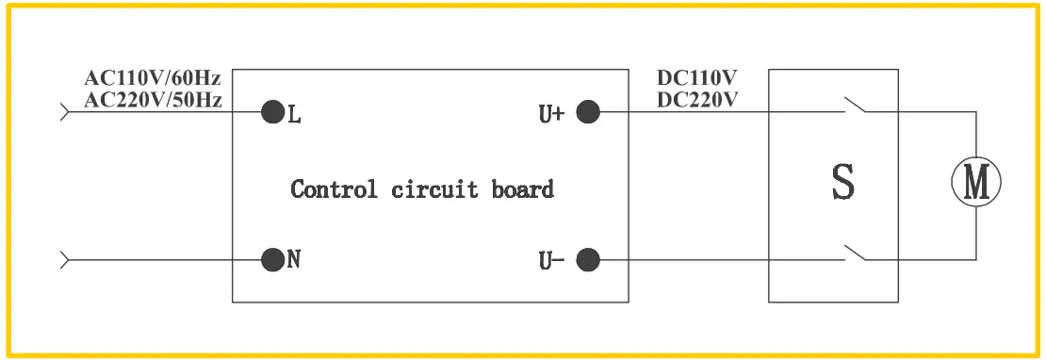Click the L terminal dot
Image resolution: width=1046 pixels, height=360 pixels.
point(272,113)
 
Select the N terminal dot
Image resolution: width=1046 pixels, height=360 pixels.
point(272,257)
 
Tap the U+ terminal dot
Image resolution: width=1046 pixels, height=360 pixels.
point(588,113)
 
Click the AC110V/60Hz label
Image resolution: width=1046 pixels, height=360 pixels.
point(153,78)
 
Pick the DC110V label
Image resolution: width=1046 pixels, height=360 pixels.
point(697,78)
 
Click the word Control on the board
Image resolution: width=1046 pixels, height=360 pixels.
point(334,188)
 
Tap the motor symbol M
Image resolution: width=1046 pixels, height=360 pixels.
point(975,182)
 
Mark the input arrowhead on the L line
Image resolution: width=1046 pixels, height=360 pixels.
point(65,113)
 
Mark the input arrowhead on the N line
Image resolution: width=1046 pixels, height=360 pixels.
point(65,257)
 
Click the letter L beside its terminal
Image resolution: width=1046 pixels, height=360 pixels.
point(294,115)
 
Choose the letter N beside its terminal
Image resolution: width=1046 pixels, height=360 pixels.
point(294,259)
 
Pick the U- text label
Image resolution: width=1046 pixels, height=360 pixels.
point(550,259)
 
